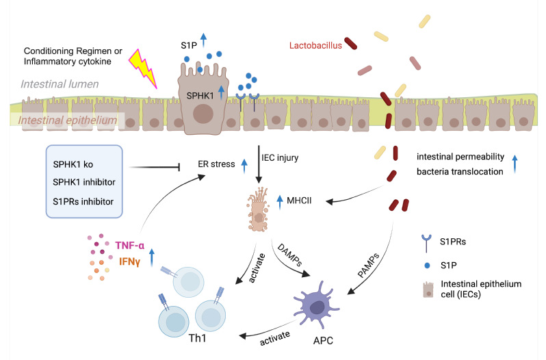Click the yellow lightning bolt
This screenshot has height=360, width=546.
click(x=144, y=68)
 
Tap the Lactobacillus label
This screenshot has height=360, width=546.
click(x=315, y=46)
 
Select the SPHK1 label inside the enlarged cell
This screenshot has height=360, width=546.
click(x=200, y=96)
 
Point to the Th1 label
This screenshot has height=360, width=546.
click(x=198, y=338)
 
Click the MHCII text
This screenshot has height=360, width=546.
click(x=299, y=201)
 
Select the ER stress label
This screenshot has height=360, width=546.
click(x=216, y=164)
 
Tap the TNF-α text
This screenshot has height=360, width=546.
click(x=129, y=246)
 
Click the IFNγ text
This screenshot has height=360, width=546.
click(x=129, y=261)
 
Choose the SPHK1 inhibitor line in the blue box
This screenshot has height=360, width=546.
click(x=84, y=182)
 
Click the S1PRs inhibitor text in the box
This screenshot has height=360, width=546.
click(x=83, y=202)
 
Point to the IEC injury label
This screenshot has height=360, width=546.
click(x=280, y=157)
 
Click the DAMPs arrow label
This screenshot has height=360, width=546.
click(x=289, y=255)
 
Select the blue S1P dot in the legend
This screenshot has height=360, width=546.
click(x=427, y=266)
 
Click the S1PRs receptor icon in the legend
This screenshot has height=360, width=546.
click(x=426, y=243)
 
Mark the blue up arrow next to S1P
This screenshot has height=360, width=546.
click(x=203, y=40)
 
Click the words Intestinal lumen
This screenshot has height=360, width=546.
click(x=60, y=84)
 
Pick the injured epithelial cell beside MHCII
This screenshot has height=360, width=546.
click(x=259, y=209)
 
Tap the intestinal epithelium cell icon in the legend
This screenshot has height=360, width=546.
click(x=428, y=290)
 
